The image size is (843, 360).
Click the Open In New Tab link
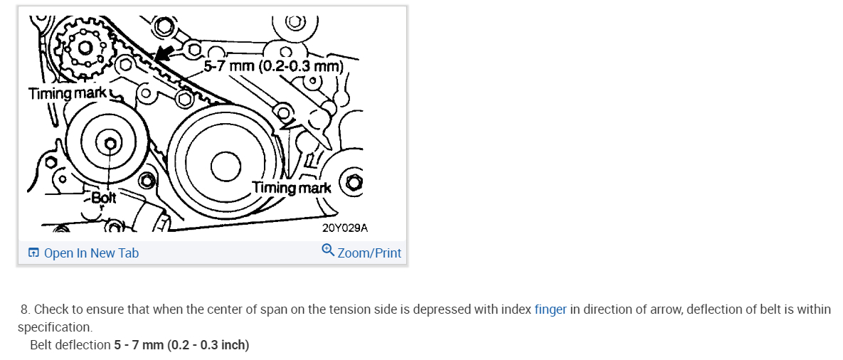90,253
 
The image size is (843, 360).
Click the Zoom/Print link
369,253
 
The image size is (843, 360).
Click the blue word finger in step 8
550,309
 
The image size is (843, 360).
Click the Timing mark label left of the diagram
68,93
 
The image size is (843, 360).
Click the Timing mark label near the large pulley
291,188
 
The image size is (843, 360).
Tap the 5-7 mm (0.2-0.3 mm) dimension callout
274,67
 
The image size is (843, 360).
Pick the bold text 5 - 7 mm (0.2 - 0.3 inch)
181,345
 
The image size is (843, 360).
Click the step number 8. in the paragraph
25,309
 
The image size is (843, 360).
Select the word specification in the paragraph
54,327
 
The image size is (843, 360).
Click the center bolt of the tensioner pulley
110,144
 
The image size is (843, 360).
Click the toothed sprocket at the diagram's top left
85,48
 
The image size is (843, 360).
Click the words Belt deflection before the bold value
70,345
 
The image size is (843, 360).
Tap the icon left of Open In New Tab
33,253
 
